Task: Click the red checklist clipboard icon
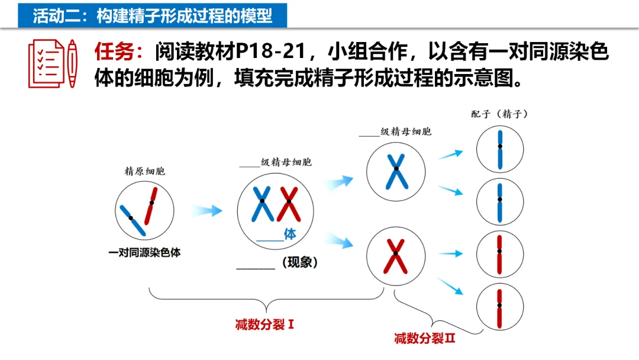[x=46, y=63]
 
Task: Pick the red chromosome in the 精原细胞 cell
[x=151, y=205]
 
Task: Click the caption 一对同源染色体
[x=144, y=253]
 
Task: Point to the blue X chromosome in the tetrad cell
[x=261, y=203]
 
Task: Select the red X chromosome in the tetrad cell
[x=289, y=203]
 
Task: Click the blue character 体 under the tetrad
[x=290, y=234]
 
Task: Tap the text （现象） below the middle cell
[x=300, y=262]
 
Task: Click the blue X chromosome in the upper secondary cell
[x=395, y=171]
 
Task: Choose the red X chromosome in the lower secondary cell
[x=395, y=256]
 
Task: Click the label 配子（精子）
[x=499, y=114]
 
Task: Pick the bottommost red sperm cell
[x=500, y=308]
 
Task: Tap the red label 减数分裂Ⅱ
[x=424, y=339]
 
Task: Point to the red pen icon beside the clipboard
[x=72, y=63]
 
